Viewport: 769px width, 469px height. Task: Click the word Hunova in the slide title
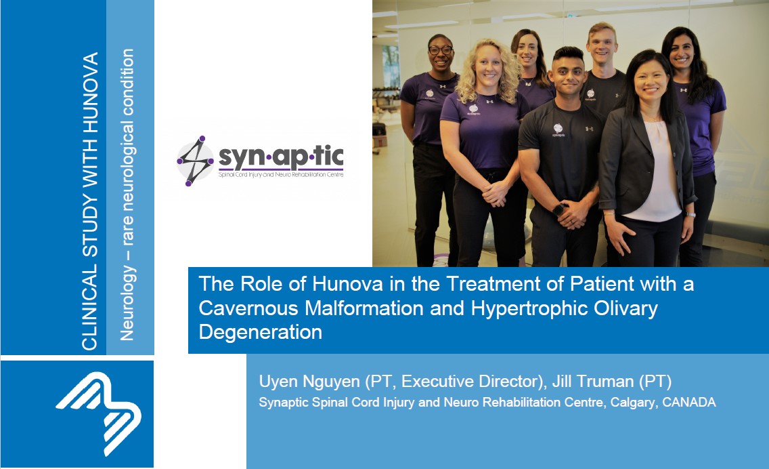point(347,284)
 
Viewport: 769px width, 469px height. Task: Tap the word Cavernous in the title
point(248,308)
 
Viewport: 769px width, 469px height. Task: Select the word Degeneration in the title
point(261,333)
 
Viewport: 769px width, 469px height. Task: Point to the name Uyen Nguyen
point(309,382)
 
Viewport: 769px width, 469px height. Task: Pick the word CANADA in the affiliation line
point(689,402)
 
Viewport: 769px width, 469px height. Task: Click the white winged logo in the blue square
point(99,413)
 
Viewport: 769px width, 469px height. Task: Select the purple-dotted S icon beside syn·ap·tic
point(195,161)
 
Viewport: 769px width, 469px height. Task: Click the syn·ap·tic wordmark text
point(281,157)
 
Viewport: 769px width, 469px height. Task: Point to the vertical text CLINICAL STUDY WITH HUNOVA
point(90,201)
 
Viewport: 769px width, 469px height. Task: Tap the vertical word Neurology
point(127,303)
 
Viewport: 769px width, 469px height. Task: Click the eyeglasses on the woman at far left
point(440,50)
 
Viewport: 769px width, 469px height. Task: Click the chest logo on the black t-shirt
point(558,131)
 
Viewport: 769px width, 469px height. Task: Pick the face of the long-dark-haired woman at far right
point(681,51)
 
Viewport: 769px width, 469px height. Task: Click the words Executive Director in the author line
point(470,382)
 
